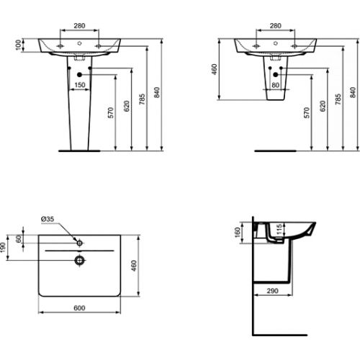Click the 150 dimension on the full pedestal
coord(81,84)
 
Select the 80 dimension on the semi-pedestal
coord(274,84)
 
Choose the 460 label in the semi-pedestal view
coord(215,70)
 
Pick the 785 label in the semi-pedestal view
coord(337,97)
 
